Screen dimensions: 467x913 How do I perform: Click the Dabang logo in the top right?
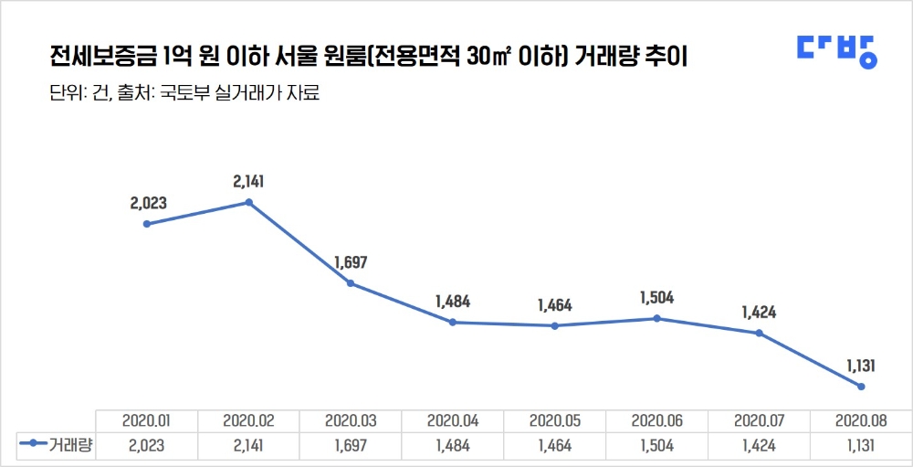point(836,51)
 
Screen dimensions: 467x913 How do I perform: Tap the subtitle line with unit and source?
point(184,93)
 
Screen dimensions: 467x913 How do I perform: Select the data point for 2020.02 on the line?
point(249,202)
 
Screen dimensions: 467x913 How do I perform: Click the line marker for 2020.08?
point(861,387)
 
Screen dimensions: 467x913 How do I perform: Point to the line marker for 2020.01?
point(147,224)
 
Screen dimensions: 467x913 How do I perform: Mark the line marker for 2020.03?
point(351,283)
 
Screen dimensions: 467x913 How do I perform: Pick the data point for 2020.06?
point(656,318)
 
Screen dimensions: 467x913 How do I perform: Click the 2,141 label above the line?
point(249,182)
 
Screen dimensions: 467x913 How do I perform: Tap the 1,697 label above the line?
point(351,263)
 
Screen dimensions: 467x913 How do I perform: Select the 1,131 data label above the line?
point(861,366)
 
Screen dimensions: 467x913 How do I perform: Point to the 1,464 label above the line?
point(554,305)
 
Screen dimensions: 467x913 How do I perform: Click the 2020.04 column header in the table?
point(453,421)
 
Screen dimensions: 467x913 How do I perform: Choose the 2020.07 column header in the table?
point(759,421)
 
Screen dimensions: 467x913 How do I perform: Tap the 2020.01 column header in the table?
point(147,421)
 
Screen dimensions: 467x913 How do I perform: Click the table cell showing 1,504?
point(656,444)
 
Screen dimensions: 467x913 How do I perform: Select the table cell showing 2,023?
point(147,444)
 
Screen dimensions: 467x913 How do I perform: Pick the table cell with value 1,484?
point(453,444)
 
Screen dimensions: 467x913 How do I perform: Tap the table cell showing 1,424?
point(759,444)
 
